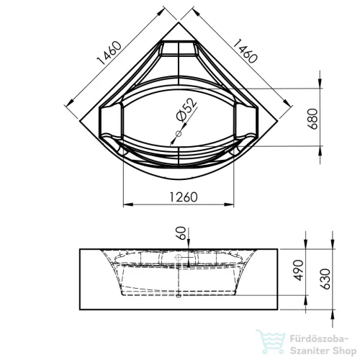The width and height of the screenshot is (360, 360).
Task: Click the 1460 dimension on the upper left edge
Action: point(109,53)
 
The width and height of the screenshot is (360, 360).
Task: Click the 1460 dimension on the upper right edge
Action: point(246,51)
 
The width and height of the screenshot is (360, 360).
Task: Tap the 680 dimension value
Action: point(313,119)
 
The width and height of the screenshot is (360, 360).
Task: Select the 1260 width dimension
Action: point(184,197)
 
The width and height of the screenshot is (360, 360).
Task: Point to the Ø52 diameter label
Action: point(186,109)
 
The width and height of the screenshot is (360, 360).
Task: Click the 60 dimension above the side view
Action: point(181,233)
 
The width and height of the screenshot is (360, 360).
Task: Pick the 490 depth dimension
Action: point(298,270)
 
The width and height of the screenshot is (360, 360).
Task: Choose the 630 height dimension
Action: point(325,279)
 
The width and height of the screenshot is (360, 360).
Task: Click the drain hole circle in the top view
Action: point(179,134)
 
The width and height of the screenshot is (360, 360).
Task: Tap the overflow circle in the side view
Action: point(179,258)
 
